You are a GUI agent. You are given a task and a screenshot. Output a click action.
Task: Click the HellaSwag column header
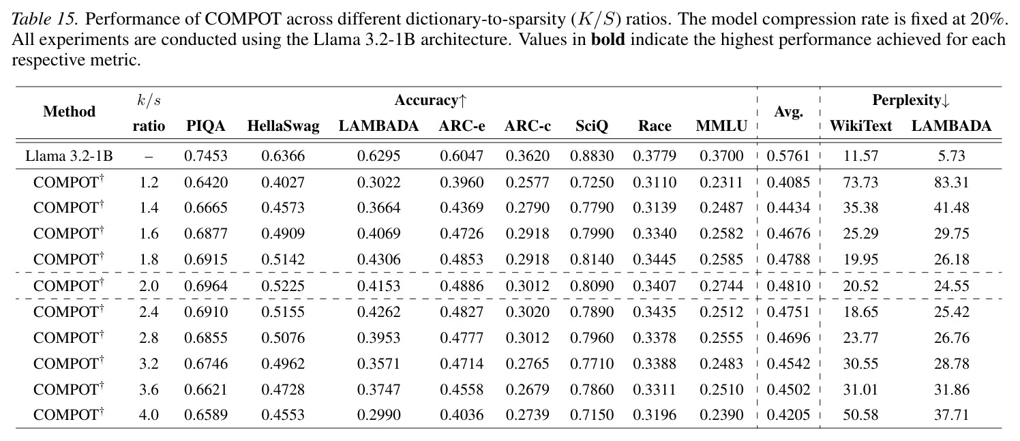283,126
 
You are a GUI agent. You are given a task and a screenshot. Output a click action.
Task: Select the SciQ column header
592,126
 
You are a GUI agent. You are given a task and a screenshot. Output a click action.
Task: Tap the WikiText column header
860,126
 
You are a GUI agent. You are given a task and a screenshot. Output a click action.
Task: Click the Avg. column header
788,112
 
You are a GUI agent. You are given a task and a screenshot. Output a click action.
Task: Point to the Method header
70,112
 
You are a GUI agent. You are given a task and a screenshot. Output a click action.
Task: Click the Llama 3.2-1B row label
70,156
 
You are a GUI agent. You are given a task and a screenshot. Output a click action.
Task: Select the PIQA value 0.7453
206,156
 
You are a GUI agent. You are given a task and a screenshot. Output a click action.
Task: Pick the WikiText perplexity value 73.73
860,183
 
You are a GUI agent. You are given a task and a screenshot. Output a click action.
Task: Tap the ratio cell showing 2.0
149,286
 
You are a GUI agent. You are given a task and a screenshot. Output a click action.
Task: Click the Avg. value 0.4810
788,286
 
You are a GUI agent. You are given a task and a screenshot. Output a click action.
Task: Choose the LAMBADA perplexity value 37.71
951,415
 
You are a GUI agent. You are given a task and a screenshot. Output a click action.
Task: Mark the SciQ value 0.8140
592,260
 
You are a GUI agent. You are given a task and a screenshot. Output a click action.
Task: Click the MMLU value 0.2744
721,286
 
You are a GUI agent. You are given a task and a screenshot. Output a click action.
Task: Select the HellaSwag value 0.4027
283,183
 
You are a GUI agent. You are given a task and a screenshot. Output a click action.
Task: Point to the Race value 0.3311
655,390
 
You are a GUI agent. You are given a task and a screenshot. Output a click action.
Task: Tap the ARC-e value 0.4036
462,415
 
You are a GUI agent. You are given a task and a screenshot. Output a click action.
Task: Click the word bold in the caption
608,40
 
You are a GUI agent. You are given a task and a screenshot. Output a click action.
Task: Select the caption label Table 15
45,19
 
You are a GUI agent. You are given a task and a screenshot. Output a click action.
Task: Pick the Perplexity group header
911,100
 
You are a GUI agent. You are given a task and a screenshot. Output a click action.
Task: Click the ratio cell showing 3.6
149,390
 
